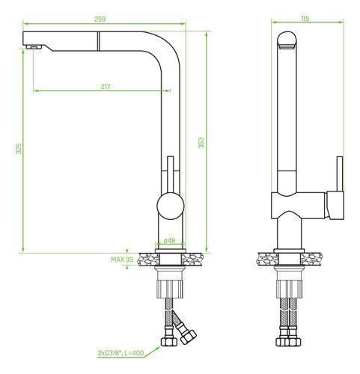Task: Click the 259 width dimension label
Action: click(x=100, y=19)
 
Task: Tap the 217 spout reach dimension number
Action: click(x=106, y=86)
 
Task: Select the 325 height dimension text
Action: click(x=19, y=149)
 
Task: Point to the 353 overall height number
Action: click(x=201, y=143)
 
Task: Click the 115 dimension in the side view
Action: click(x=305, y=19)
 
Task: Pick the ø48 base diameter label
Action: click(x=170, y=241)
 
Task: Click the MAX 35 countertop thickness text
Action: click(x=122, y=260)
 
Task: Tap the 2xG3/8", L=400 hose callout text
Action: click(x=121, y=353)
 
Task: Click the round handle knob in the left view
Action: click(x=171, y=206)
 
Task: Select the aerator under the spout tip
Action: click(x=34, y=47)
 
